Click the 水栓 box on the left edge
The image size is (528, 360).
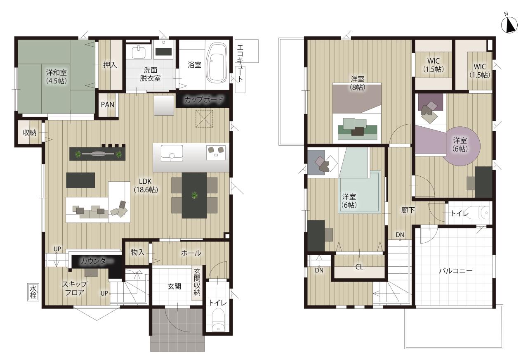click(33, 292)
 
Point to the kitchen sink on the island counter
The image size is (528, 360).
click(172, 153)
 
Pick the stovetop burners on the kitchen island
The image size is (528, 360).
click(216, 151)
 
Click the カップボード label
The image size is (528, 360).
click(203, 99)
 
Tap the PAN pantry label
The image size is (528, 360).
click(108, 104)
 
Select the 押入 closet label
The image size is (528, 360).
click(110, 65)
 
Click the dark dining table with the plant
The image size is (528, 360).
click(194, 195)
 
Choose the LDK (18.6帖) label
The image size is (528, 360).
click(146, 185)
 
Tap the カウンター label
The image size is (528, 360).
click(97, 261)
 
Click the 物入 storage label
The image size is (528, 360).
click(138, 252)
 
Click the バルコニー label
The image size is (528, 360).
click(456, 270)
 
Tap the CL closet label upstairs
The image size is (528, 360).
click(359, 267)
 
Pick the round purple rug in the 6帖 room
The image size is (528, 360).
click(461, 146)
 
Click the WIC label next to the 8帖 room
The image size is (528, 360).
click(433, 65)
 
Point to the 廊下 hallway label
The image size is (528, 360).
click(408, 210)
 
